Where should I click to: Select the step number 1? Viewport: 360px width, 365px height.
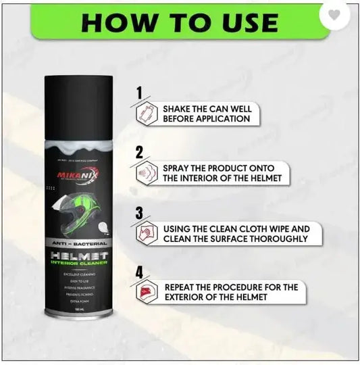click(140, 93)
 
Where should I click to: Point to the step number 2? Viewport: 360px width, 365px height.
click(139, 151)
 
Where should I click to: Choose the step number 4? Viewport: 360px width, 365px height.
click(139, 273)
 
